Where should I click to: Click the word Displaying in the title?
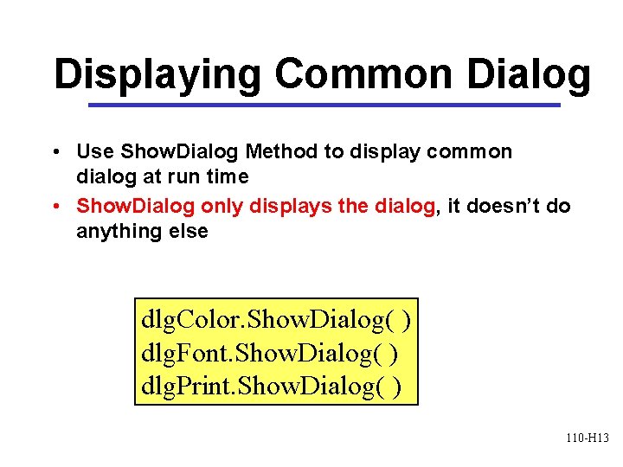pyautogui.click(x=157, y=76)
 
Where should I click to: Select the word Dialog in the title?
pyautogui.click(x=530, y=76)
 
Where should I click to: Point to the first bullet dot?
pyautogui.click(x=55, y=153)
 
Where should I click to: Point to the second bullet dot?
pyautogui.click(x=55, y=207)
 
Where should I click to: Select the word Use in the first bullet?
pyautogui.click(x=94, y=152)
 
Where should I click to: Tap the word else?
pyautogui.click(x=187, y=231)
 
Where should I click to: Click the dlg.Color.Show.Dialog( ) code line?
pyautogui.click(x=275, y=321)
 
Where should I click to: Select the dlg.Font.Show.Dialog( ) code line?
pyautogui.click(x=269, y=354)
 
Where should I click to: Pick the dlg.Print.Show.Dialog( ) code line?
pyautogui.click(x=271, y=386)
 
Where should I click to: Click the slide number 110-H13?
pyautogui.click(x=588, y=438)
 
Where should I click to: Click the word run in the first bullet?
pyautogui.click(x=183, y=178)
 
